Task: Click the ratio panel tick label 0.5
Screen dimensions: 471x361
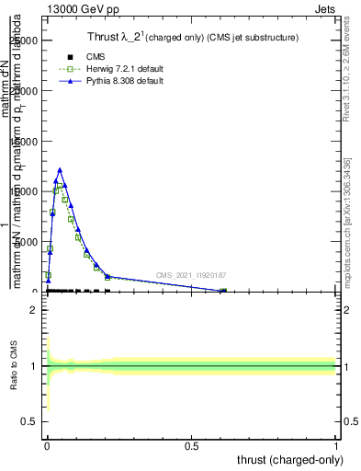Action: [x=30, y=423]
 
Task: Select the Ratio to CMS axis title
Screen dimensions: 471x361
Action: [x=14, y=366]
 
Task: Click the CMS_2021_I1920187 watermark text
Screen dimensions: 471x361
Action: [x=191, y=275]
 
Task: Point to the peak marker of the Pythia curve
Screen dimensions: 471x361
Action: [x=60, y=170]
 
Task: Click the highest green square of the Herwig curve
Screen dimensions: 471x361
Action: [x=57, y=189]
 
